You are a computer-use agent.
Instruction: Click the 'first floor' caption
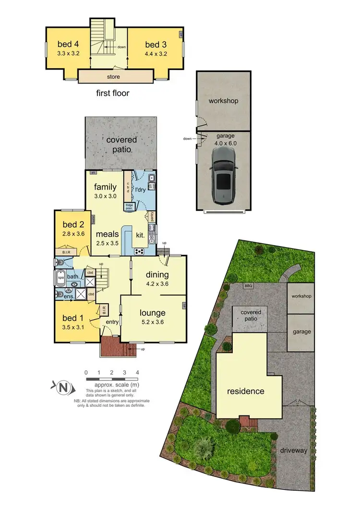113,93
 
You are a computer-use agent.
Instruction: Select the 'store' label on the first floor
113,76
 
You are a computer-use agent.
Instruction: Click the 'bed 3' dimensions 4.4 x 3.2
156,54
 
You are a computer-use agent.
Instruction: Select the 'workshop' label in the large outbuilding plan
223,101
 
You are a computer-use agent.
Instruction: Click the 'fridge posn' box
129,207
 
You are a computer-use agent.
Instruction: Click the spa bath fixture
61,278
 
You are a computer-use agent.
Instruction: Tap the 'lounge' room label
152,313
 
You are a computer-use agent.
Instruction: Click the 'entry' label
112,321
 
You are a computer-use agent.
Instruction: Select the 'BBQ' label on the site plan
248,286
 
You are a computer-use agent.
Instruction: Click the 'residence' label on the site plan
246,391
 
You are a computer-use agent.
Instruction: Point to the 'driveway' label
295,450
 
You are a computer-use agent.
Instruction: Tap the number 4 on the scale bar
137,372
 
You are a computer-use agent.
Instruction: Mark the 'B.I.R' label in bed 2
66,251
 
